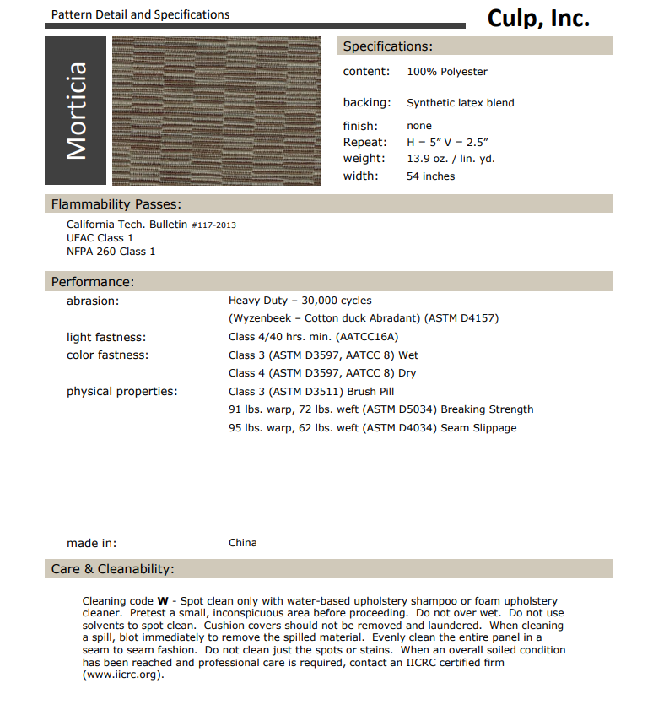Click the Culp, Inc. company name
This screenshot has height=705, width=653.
click(x=538, y=18)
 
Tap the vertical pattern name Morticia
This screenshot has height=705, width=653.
click(x=76, y=111)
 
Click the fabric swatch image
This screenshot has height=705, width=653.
click(x=216, y=111)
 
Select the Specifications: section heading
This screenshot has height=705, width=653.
click(x=387, y=46)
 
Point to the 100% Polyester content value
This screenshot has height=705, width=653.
click(x=447, y=72)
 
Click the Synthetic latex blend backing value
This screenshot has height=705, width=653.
click(x=460, y=103)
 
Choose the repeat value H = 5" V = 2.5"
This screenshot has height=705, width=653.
click(x=447, y=143)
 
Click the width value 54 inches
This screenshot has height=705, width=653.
click(x=430, y=176)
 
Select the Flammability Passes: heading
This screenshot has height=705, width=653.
click(x=116, y=204)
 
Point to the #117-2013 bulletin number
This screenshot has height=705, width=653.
click(x=213, y=225)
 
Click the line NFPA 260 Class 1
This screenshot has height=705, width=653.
click(x=111, y=252)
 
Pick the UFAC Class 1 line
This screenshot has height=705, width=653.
click(x=100, y=238)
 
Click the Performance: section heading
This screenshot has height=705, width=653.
click(x=93, y=282)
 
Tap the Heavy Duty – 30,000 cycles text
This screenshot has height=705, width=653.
click(x=300, y=301)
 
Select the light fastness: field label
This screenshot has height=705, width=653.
click(x=106, y=337)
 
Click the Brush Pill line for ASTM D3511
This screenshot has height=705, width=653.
click(x=311, y=392)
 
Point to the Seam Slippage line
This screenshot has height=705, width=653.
click(x=372, y=428)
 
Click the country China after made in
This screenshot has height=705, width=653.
click(x=243, y=543)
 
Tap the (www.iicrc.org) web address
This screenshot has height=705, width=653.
click(x=122, y=675)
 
